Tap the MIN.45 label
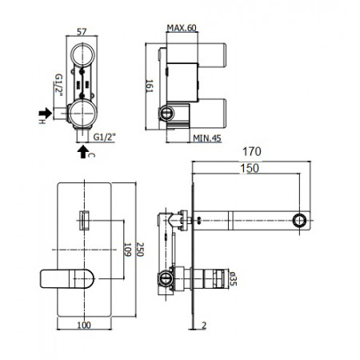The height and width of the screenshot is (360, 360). pos(206,138)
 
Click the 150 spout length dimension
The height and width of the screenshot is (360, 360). pos(251,169)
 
